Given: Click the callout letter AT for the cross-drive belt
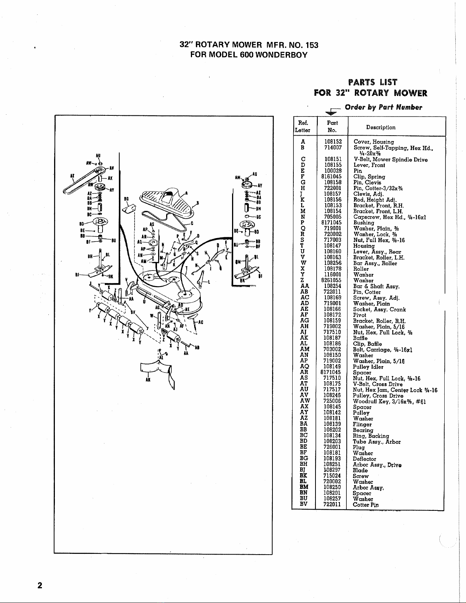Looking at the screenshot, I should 71,176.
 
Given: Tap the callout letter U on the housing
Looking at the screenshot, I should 143,301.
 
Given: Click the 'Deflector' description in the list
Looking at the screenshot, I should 364,459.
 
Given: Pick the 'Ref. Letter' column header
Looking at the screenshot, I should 303,126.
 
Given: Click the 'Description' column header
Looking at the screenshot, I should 381,127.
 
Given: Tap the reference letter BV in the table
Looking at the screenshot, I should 304,505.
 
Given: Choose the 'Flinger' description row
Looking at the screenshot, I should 362,424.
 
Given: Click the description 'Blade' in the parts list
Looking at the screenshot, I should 360,470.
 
